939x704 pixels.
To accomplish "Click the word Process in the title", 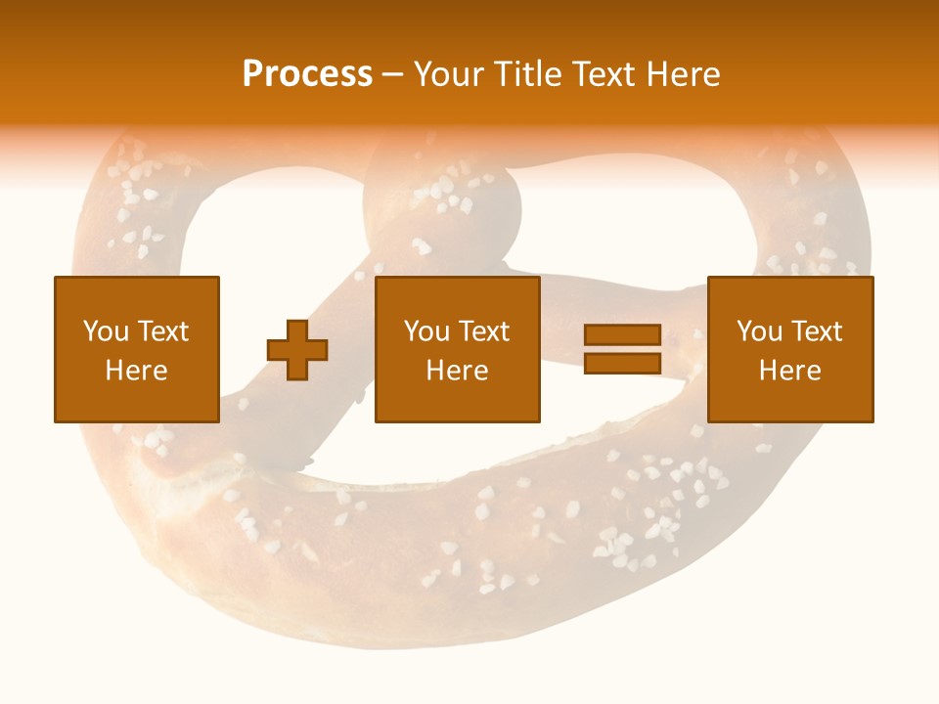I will [307, 74].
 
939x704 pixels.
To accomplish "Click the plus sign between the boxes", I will [297, 349].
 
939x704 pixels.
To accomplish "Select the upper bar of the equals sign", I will [622, 335].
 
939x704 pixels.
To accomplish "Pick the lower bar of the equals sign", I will [622, 363].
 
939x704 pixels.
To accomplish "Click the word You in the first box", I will [105, 331].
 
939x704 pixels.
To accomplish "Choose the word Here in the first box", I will [137, 371].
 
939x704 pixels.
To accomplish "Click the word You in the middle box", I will [426, 331].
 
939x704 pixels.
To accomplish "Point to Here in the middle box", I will [458, 371].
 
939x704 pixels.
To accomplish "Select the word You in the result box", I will [759, 331].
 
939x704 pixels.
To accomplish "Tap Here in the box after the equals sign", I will [790, 371].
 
